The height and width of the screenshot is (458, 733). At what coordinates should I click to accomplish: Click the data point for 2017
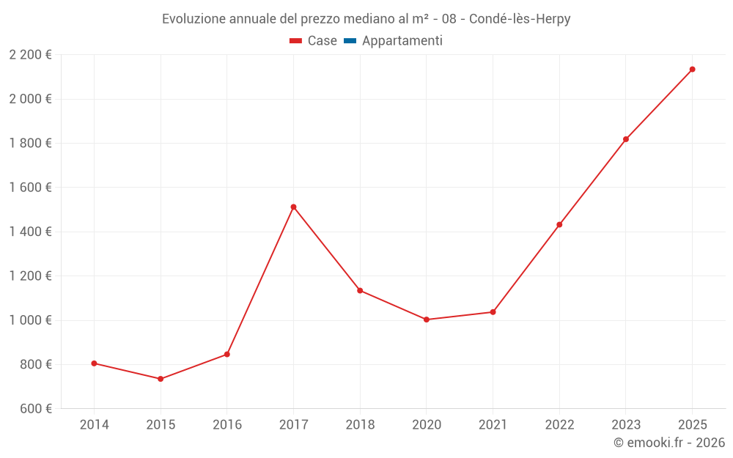coord(293,207)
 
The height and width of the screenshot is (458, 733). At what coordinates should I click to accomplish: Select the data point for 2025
coord(692,70)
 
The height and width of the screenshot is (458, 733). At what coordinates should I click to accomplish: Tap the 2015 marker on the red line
coord(161,379)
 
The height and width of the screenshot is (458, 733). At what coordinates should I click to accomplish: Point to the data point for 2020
coord(427,320)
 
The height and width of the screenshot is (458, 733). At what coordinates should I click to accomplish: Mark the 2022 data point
coord(559,224)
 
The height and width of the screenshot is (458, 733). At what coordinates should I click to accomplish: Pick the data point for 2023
coord(626,139)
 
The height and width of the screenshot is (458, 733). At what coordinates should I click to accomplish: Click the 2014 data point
coord(94,363)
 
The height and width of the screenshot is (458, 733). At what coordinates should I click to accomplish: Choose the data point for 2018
coord(360,290)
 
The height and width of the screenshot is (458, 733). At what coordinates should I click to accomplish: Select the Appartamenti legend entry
coord(402,41)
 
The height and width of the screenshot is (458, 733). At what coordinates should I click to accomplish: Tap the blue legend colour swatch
coord(350,41)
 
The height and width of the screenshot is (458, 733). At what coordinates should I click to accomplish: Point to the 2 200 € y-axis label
coord(30,55)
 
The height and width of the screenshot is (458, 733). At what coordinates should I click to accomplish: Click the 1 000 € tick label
coord(30,320)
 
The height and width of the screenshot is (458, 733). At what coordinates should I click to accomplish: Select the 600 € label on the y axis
coord(36,409)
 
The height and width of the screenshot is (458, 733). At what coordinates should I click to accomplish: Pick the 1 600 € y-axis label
coord(30,188)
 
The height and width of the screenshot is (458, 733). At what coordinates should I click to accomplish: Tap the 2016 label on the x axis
coord(227,425)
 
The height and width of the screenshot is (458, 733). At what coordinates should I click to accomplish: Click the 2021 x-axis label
coord(493,425)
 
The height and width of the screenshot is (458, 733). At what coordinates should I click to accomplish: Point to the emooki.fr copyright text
coord(668,443)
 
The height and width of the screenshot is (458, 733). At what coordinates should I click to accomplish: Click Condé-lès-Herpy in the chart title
coord(520,19)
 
